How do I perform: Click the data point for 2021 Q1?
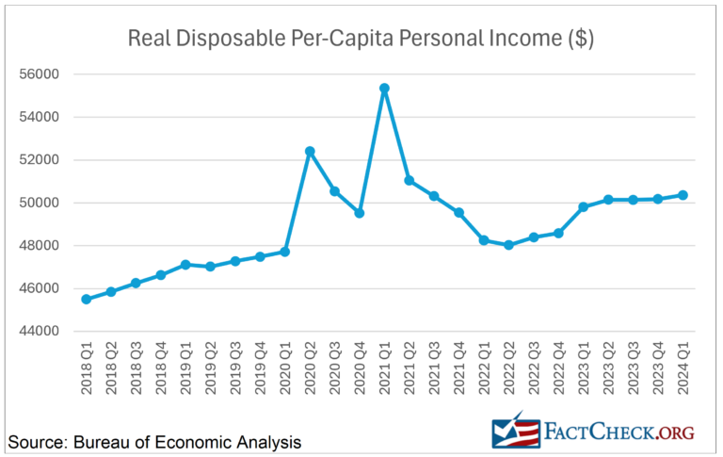point(384,89)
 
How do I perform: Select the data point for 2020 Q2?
point(309,151)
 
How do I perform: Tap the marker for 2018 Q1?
point(86,299)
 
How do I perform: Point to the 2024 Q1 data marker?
point(683,195)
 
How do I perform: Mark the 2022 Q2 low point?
point(509,245)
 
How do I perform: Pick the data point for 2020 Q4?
point(359,213)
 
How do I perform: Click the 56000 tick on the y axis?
point(40,74)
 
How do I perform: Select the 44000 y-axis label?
point(40,332)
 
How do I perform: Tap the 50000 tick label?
point(40,203)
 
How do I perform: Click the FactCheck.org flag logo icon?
point(516,430)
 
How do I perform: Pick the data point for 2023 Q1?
point(584,206)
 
